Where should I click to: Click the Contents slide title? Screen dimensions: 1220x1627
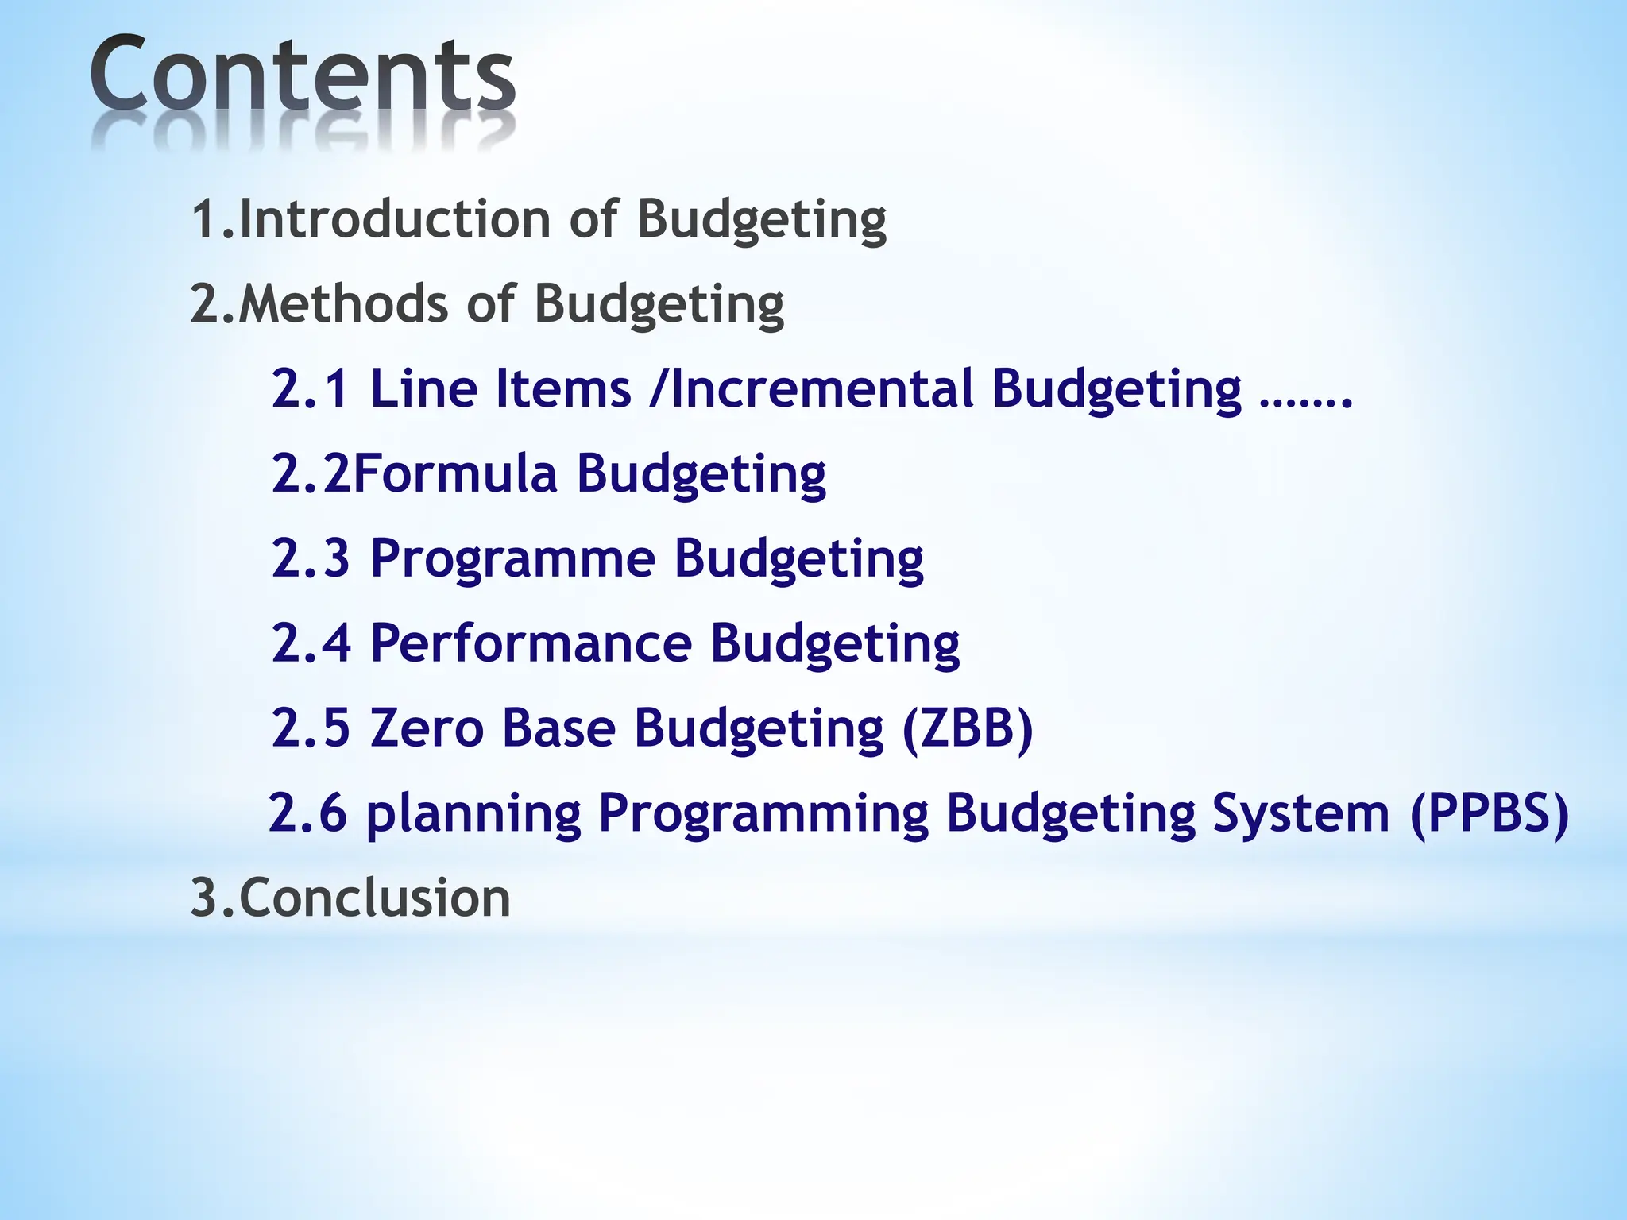pos(302,75)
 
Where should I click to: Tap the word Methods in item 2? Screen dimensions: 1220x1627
pos(342,303)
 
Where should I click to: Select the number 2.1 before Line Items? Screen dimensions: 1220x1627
pos(310,388)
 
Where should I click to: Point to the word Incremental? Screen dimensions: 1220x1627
pos(821,388)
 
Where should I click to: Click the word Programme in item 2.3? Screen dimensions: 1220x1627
pos(512,558)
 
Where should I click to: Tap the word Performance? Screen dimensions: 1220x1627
pos(531,643)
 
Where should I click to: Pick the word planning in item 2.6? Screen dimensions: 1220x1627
pos(473,814)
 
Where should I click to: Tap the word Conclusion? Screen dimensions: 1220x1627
pos(374,898)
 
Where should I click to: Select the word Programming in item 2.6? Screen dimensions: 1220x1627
pos(763,814)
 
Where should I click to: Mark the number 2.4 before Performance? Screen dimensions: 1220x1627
pos(311,643)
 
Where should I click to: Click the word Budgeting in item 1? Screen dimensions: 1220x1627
pos(761,220)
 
